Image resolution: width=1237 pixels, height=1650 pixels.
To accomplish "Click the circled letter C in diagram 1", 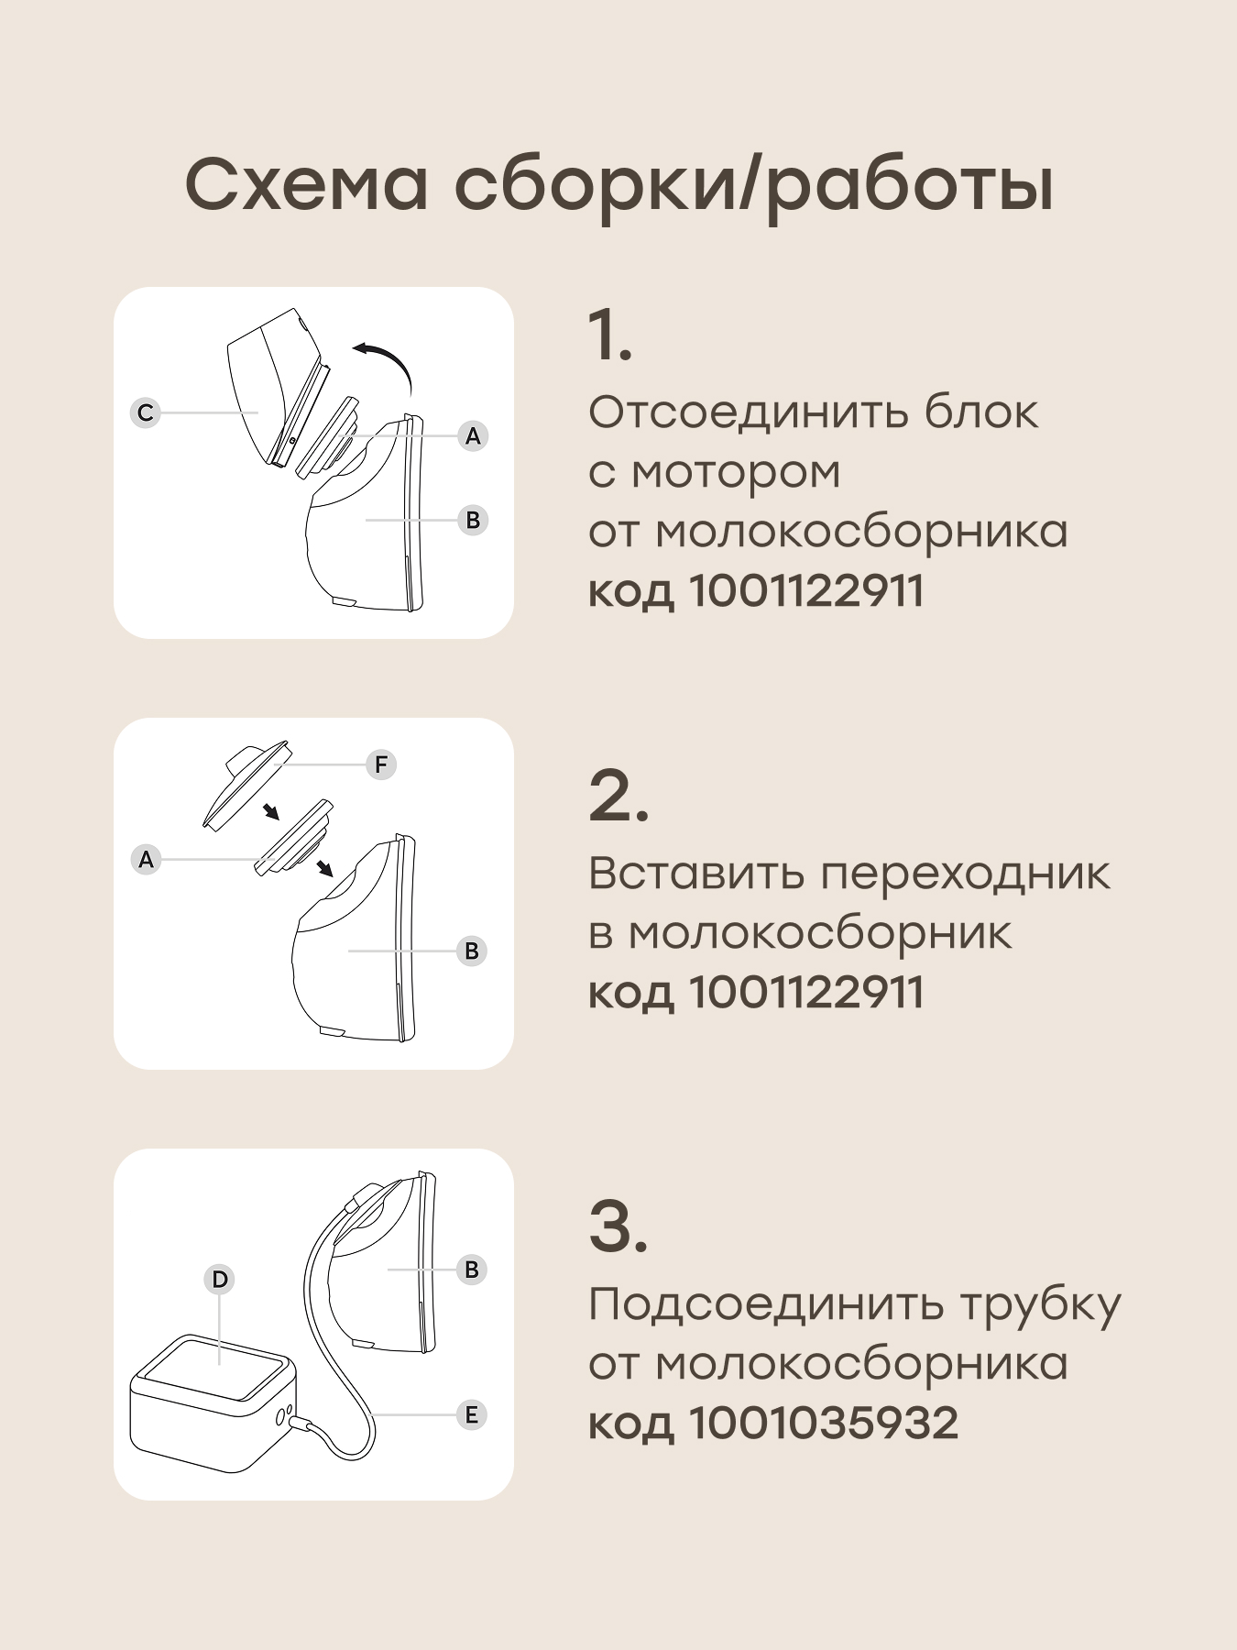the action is click(145, 412).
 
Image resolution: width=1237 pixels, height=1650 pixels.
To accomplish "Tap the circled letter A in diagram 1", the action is click(473, 435).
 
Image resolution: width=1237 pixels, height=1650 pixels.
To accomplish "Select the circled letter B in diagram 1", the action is click(473, 520).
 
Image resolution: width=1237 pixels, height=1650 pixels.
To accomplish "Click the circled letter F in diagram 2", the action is click(381, 764).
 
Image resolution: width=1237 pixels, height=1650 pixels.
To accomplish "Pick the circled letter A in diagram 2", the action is click(146, 860).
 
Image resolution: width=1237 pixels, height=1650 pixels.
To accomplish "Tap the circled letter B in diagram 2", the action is click(472, 951).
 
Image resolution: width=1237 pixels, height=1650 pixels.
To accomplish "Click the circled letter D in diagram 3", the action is click(220, 1279).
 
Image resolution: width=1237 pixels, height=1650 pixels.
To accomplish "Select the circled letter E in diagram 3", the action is click(471, 1414).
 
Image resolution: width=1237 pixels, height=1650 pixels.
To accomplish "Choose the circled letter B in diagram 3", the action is click(472, 1270).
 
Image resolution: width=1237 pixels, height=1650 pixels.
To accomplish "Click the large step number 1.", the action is click(609, 335).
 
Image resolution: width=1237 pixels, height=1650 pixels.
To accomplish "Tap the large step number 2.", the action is click(618, 796).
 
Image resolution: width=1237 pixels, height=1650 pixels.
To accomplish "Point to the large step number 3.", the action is click(618, 1226).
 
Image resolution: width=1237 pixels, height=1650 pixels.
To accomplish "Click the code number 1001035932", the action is click(823, 1424).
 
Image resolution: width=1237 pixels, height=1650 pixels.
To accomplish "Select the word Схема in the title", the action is click(307, 185).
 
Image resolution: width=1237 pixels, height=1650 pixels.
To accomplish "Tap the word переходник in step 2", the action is click(965, 874).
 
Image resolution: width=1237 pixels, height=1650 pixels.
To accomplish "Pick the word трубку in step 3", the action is click(1040, 1306).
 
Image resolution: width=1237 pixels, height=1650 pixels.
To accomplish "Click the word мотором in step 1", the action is click(736, 474).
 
